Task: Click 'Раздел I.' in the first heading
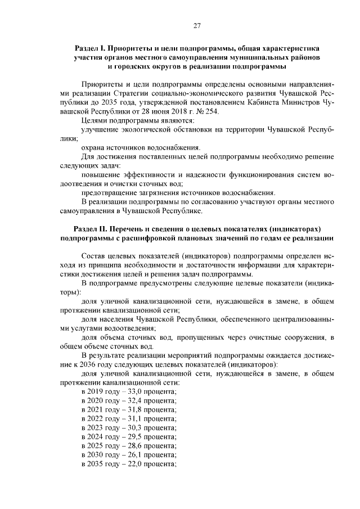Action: [91, 48]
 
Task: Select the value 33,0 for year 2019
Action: [133, 391]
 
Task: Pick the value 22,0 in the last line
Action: [133, 465]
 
